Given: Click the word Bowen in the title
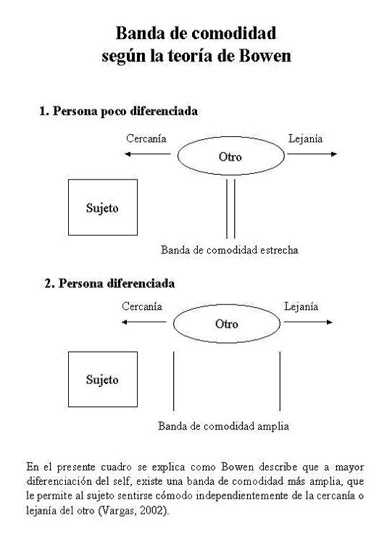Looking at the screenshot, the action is point(265,56).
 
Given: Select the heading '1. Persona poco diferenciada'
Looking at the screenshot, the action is point(118,112).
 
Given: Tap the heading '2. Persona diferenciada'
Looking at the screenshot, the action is point(109,283).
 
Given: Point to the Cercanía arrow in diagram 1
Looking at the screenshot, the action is point(148,154).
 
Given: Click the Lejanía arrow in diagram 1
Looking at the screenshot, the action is point(312,154).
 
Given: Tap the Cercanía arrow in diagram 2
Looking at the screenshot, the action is point(144,322).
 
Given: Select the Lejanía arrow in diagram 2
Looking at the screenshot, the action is point(308,322).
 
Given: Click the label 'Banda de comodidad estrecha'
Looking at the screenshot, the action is point(229,250).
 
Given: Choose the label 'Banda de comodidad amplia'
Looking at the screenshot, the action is point(223,426).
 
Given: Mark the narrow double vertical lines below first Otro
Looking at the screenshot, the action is point(230,209).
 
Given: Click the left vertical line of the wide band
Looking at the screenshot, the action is point(174,381).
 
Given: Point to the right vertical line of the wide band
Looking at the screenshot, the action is point(280,381).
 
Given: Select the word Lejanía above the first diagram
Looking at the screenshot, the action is point(305,139).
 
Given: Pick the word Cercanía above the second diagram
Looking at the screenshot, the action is point(142,307).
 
